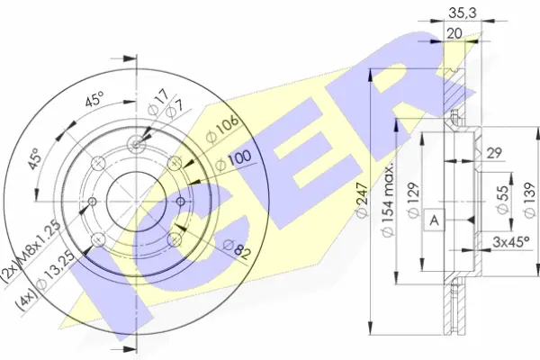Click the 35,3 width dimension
tap(463, 13)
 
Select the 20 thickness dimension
tap(454, 33)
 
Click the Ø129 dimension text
tap(414, 200)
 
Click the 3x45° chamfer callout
tap(510, 242)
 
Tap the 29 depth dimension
tap(493, 153)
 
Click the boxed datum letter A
tap(435, 220)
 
